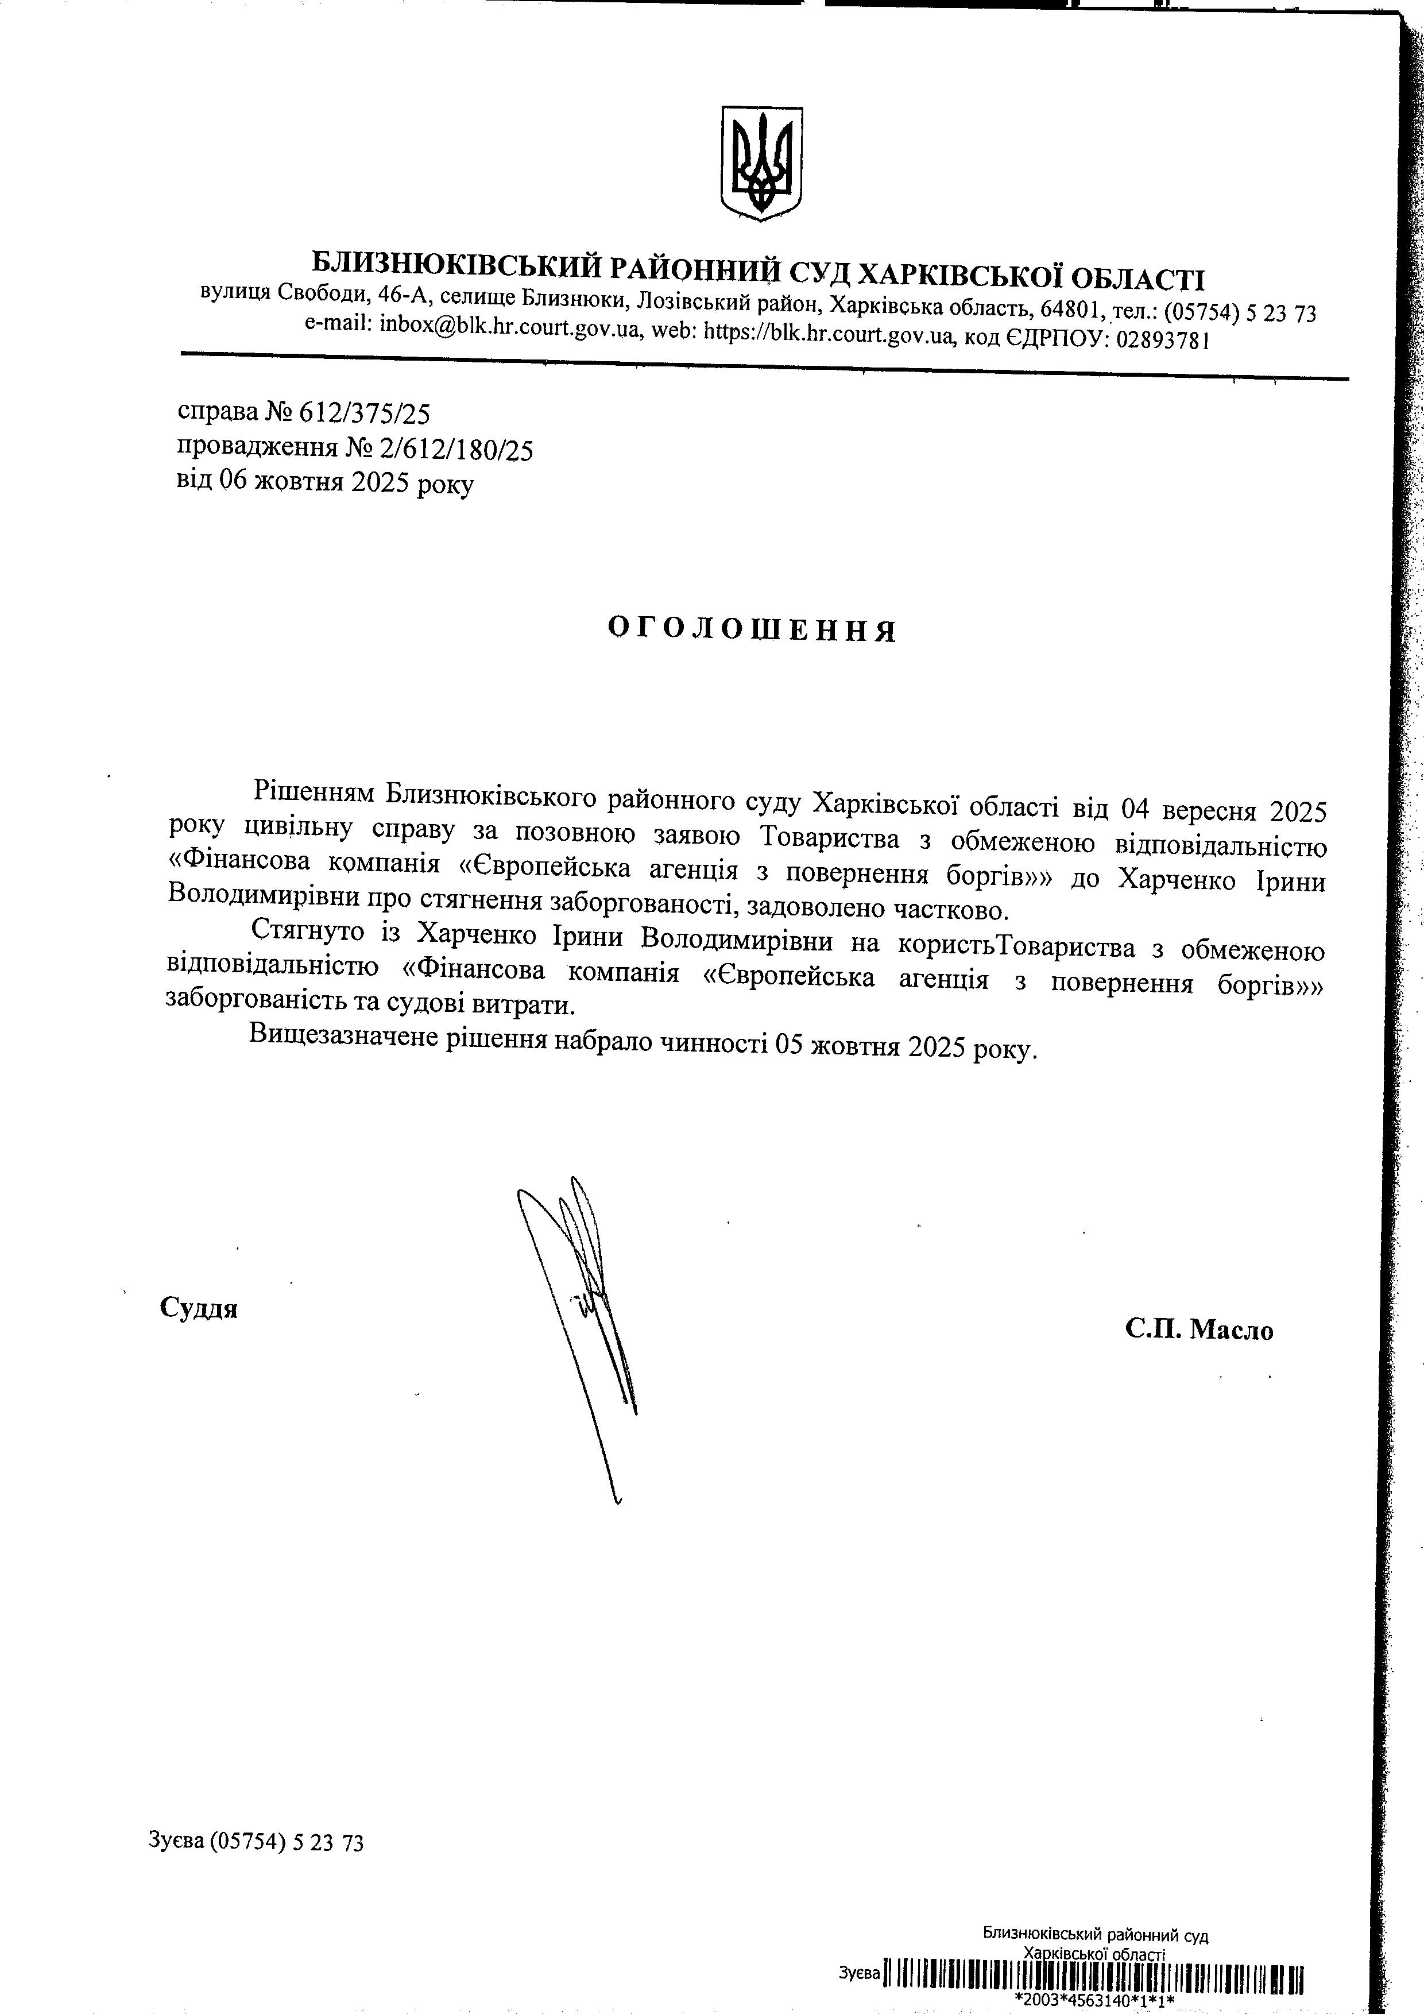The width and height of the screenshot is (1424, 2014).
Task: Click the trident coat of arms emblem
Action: (x=761, y=163)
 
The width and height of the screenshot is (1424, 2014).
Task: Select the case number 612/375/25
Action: (x=365, y=413)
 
